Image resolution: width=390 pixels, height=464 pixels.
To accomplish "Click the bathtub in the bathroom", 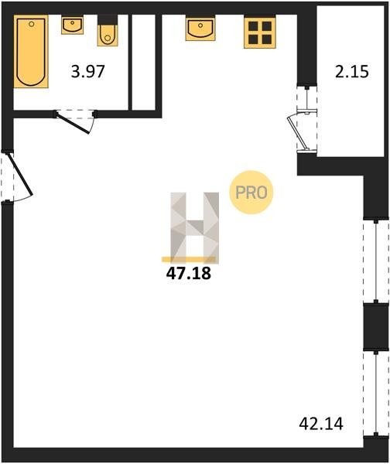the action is [x=31, y=51].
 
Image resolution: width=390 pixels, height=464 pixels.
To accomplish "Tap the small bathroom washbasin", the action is [x=72, y=25].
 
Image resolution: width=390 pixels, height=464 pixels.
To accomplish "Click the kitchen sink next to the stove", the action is [x=200, y=28].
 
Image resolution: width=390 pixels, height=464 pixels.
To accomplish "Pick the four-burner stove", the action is [x=260, y=32].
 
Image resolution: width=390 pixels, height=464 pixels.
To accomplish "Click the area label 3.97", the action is [x=88, y=72].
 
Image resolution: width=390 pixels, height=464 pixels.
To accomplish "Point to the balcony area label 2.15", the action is [x=352, y=72].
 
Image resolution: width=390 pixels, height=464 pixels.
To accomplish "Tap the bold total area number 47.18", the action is [x=189, y=274].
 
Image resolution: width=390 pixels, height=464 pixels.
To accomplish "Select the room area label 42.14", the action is [x=321, y=424].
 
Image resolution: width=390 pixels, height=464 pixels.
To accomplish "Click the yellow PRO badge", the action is [x=251, y=193].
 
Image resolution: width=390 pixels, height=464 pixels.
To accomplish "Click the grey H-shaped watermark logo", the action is [x=194, y=227].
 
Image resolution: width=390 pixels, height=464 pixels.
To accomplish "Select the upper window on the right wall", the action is [x=376, y=261].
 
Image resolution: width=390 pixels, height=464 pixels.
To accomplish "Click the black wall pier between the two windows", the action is [x=376, y=327].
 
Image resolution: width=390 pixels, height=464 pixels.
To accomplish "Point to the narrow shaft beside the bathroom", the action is [x=143, y=62].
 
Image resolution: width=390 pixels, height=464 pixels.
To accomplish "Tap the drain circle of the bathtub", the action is [x=31, y=24].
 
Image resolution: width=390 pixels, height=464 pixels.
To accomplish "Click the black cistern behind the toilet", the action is [x=108, y=20].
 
